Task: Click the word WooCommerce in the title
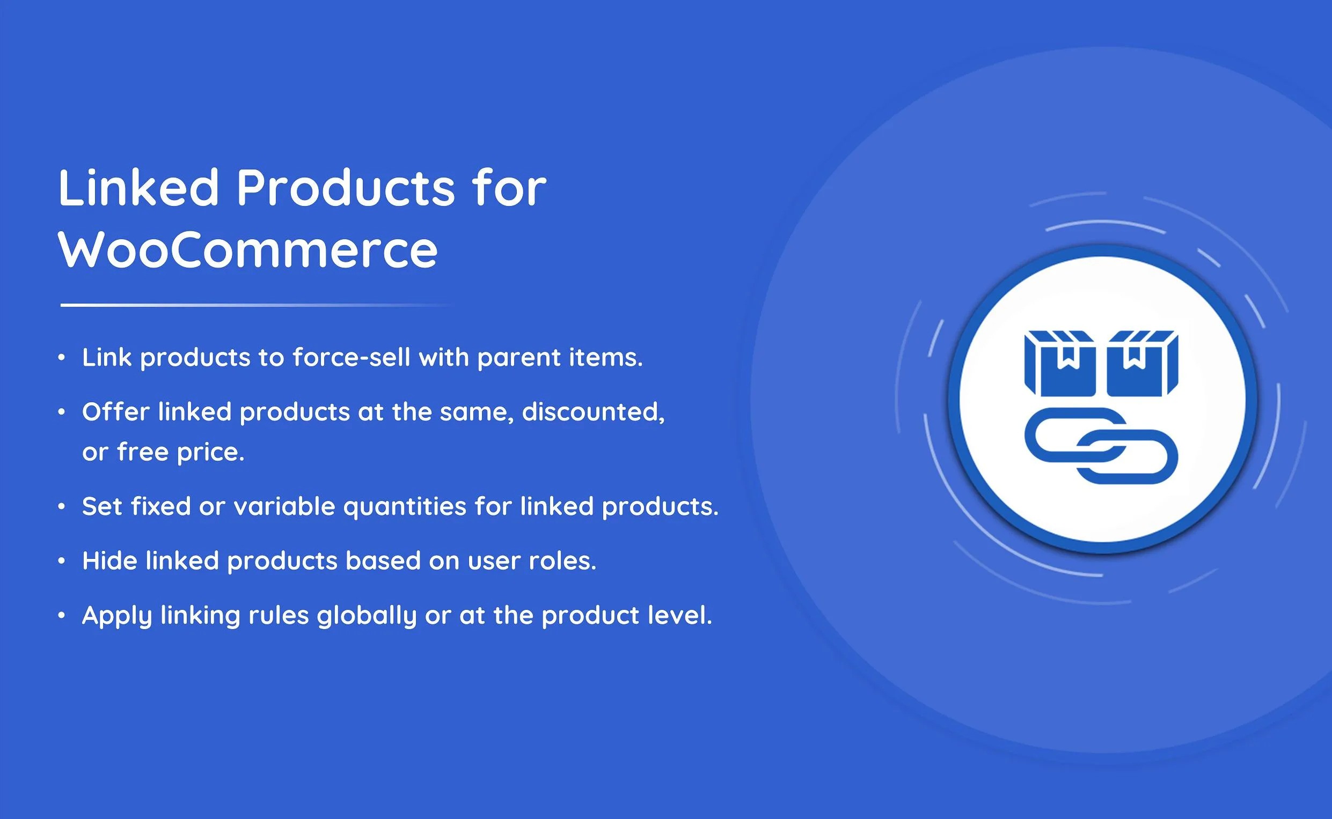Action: pos(248,250)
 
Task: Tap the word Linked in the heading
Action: pos(138,187)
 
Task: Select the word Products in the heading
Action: pos(345,187)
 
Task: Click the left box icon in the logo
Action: pos(1059,364)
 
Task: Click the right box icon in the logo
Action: pos(1142,364)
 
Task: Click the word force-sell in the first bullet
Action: pos(351,358)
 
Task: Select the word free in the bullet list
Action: pos(143,452)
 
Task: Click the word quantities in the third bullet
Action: pos(405,507)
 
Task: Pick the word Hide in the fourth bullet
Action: pos(109,560)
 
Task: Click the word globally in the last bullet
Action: pos(367,616)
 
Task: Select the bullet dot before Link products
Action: pos(62,358)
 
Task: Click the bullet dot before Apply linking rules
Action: pos(62,615)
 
